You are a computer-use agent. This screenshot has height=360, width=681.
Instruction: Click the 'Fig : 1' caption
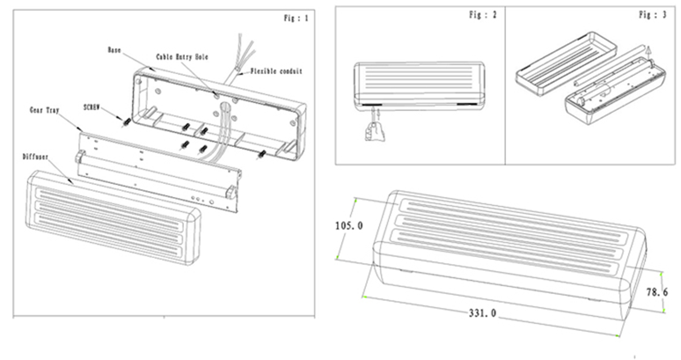[296, 19]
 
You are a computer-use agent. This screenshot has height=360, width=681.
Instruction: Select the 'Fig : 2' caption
[482, 15]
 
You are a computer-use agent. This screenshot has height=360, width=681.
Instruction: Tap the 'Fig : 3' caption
[652, 15]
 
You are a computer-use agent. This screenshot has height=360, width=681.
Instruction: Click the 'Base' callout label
[114, 50]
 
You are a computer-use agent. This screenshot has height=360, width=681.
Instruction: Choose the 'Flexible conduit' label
[276, 72]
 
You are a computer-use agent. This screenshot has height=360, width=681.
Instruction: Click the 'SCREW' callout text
[92, 107]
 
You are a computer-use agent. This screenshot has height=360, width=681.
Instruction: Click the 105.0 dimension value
[349, 226]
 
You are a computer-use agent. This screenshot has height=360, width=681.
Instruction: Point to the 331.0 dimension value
[482, 312]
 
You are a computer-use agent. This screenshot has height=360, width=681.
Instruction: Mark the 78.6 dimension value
[657, 292]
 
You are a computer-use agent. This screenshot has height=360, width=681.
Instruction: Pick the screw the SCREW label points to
[125, 121]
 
